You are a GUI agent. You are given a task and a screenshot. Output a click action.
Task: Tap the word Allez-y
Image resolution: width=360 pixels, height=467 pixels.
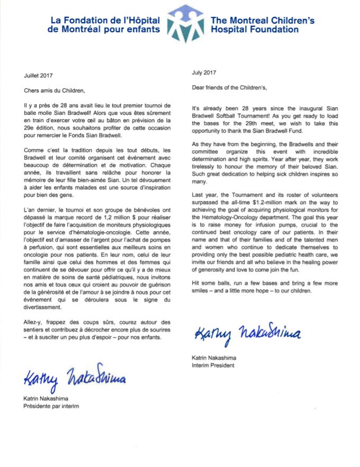(x=34, y=322)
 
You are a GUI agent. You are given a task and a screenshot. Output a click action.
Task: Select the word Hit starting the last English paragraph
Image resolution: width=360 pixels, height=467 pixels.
(x=196, y=283)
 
